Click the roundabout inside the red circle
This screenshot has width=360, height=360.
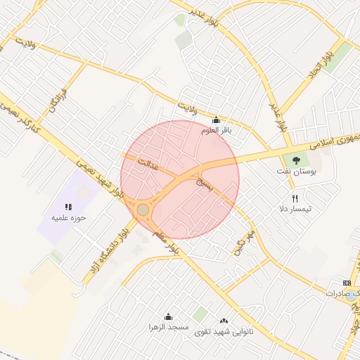click(143, 210)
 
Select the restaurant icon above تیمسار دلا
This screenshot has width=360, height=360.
click(295, 199)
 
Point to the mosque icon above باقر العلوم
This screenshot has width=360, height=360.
click(215, 120)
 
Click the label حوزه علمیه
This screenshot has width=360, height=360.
click(67, 217)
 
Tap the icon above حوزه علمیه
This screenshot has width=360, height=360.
click(68, 207)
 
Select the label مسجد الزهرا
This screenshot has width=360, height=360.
click(168, 328)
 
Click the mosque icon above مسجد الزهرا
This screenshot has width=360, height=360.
click(168, 317)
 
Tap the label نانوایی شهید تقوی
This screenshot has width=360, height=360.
click(224, 330)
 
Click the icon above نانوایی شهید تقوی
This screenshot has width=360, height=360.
click(224, 320)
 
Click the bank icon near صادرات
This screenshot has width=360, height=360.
click(346, 283)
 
